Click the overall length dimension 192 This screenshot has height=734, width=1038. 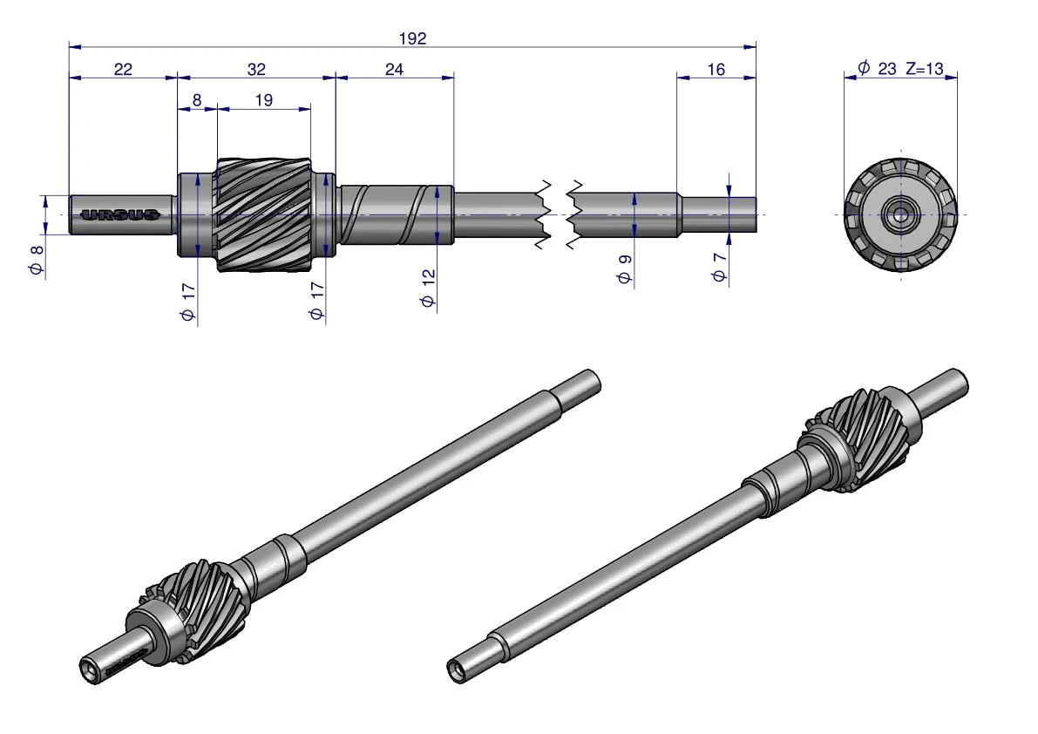[412, 38]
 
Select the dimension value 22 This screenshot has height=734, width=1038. [123, 69]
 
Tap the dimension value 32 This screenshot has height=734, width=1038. [256, 69]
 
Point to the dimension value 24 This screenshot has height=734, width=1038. [394, 69]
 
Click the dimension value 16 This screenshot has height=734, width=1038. [716, 69]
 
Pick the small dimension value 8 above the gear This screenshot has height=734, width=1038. [197, 100]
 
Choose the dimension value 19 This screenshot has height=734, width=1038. [263, 100]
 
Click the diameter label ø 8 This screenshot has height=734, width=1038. [36, 259]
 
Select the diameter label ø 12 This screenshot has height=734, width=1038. [428, 288]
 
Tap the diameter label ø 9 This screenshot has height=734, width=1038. [624, 268]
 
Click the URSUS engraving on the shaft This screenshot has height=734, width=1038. [119, 214]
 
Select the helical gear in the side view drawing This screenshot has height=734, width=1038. [264, 215]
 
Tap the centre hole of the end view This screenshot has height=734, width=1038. [900, 214]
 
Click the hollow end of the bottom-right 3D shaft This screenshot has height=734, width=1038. [456, 671]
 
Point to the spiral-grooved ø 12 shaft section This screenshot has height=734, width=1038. [396, 214]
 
